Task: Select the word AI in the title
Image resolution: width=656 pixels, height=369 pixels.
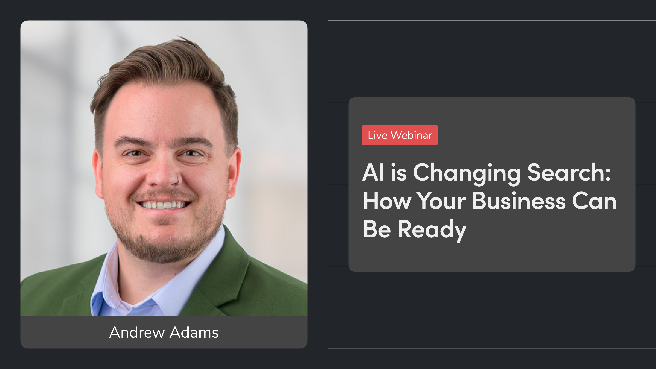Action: [x=373, y=173]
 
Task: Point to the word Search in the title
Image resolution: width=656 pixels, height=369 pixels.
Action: [x=564, y=173]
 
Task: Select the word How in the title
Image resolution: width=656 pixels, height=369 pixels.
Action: [x=387, y=201]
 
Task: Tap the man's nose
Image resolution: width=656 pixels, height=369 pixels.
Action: [x=163, y=176]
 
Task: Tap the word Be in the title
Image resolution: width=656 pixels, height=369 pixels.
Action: [x=377, y=229]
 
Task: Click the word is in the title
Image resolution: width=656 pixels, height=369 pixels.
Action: [x=399, y=173]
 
